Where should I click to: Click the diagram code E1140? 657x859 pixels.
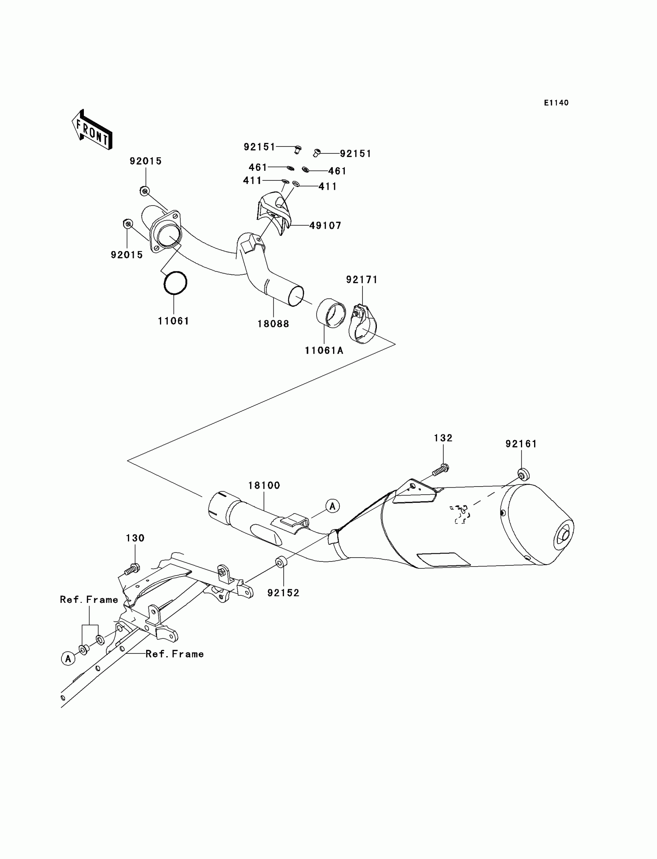(556, 103)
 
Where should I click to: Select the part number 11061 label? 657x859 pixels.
(173, 321)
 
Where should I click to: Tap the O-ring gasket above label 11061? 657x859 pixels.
(175, 283)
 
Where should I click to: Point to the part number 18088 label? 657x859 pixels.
(273, 324)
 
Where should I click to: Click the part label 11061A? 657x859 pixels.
(324, 351)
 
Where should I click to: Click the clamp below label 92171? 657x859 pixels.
(362, 324)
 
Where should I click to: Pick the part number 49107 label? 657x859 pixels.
(325, 226)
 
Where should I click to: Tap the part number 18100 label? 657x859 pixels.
(264, 485)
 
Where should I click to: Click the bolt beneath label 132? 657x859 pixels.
(440, 470)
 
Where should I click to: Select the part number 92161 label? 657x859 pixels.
(521, 444)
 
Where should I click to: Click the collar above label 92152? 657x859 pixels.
(281, 563)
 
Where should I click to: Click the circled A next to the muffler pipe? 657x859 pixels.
(332, 506)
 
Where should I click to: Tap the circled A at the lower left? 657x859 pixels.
(68, 658)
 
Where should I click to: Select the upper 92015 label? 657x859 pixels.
(145, 161)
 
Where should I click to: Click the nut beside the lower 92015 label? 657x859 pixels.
(128, 224)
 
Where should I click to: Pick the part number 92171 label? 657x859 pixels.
(362, 279)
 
